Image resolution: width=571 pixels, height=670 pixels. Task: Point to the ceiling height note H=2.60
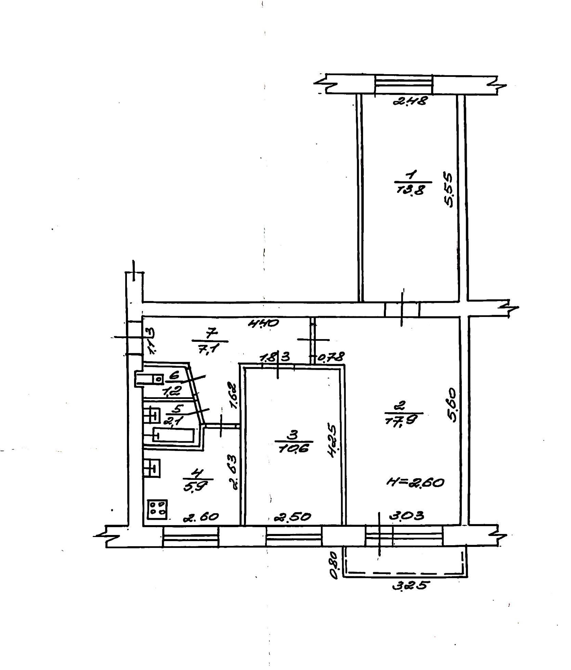(415, 483)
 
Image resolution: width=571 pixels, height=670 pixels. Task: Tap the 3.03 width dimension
(406, 515)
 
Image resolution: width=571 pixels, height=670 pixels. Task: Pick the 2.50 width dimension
(293, 517)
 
